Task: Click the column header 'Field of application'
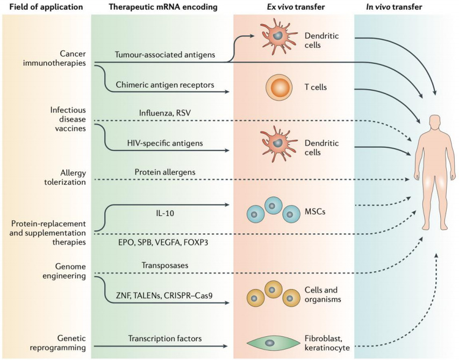[43, 8]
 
